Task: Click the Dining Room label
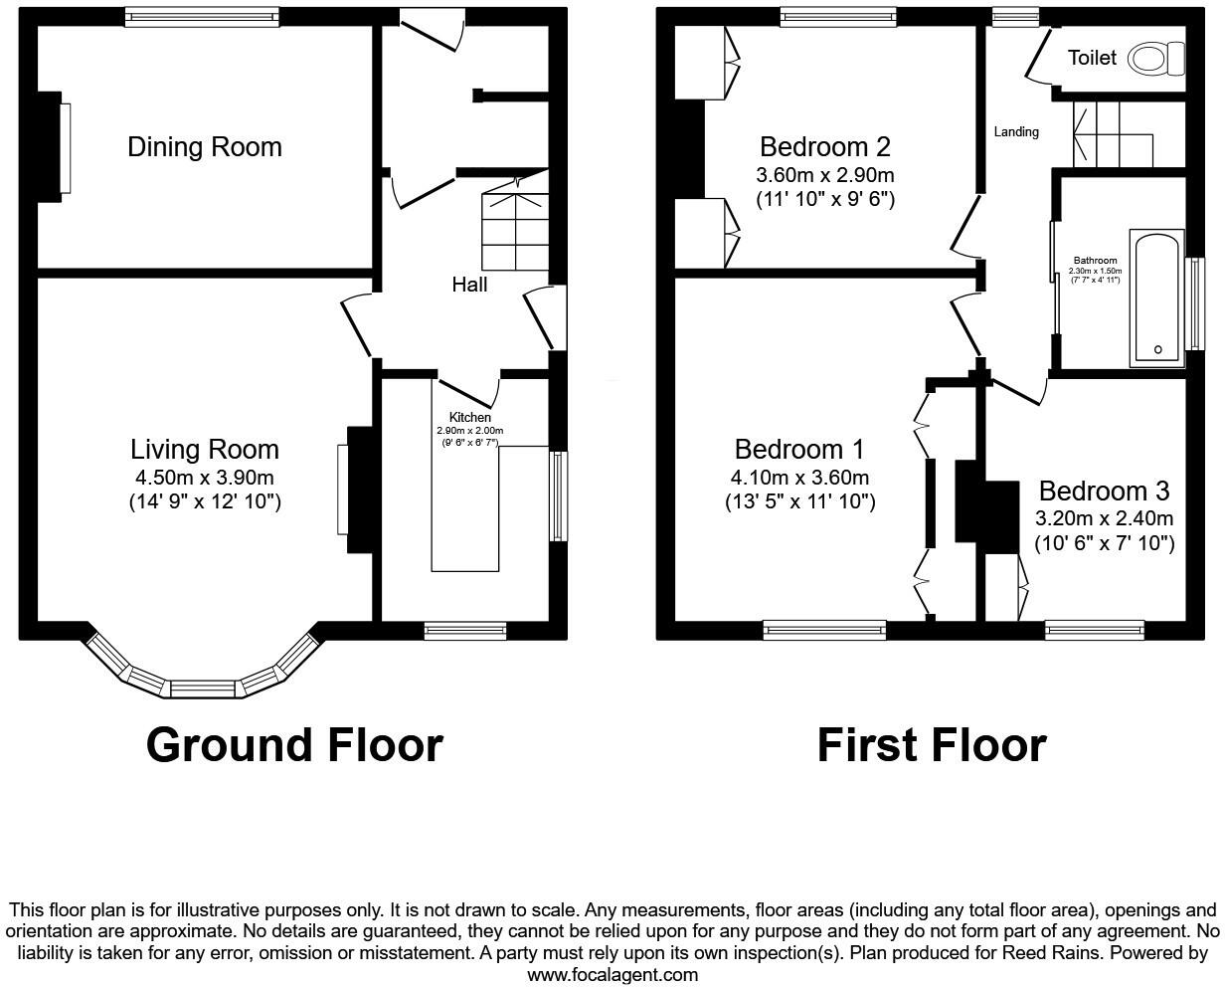[x=204, y=147]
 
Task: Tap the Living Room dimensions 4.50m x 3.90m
[x=204, y=477]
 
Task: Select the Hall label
[x=469, y=286]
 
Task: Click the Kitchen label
[x=469, y=417]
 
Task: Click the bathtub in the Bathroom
[x=1156, y=297]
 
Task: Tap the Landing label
[x=1016, y=131]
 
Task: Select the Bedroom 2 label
[x=824, y=147]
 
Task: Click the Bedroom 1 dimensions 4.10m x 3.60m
[x=799, y=478]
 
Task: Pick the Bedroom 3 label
[x=1104, y=492]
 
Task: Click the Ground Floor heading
[x=294, y=745]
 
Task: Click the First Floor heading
[x=931, y=745]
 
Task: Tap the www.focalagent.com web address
[x=612, y=975]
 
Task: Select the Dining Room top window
[x=202, y=16]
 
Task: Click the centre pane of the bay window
[x=203, y=688]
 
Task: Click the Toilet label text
[x=1092, y=59]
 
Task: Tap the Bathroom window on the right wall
[x=1196, y=303]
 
